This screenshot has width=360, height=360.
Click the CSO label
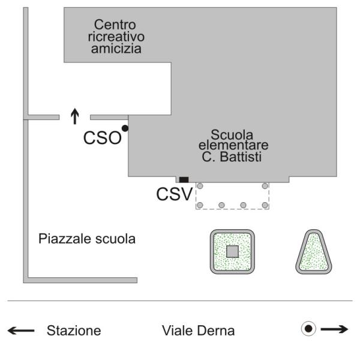pyautogui.click(x=103, y=138)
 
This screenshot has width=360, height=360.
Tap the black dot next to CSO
pyautogui.click(x=125, y=128)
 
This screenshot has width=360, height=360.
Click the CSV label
pyautogui.click(x=174, y=194)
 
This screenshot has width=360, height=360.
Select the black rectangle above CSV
pyautogui.click(x=184, y=180)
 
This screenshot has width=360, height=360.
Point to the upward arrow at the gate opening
pyautogui.click(x=75, y=116)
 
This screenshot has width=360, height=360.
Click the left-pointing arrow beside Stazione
pyautogui.click(x=21, y=331)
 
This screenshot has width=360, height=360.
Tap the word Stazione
pyautogui.click(x=74, y=331)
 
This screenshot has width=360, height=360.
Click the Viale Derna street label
pyautogui.click(x=199, y=331)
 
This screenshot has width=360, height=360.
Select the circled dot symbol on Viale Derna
pyautogui.click(x=308, y=329)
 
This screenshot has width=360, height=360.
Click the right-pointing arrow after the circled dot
pyautogui.click(x=335, y=329)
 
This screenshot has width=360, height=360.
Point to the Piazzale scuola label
pyautogui.click(x=87, y=239)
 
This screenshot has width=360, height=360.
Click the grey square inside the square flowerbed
pyautogui.click(x=232, y=251)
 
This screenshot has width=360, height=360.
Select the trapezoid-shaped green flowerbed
pyautogui.click(x=314, y=252)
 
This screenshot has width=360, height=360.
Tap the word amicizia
pyautogui.click(x=116, y=49)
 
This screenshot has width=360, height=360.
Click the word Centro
pyautogui.click(x=115, y=25)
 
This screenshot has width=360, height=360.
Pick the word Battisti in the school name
pyautogui.click(x=241, y=157)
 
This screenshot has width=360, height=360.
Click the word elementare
pyautogui.click(x=233, y=145)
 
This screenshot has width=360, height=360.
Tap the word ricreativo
pyautogui.click(x=116, y=37)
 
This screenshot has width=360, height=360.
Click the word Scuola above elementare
pyautogui.click(x=232, y=135)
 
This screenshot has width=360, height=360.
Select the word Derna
pyautogui.click(x=216, y=331)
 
